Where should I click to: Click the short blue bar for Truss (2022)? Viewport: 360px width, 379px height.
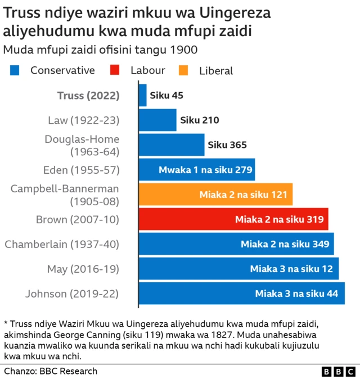tap(142, 95)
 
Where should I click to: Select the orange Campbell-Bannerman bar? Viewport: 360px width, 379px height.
tap(215, 195)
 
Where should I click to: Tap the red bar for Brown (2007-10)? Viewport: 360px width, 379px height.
tap(233, 219)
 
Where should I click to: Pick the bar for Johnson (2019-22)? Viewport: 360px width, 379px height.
tap(241, 293)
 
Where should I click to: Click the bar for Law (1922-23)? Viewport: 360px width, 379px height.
tap(157, 120)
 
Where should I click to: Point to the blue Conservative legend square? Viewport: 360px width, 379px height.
tap(15, 70)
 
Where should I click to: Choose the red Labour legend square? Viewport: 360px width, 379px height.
tap(115, 70)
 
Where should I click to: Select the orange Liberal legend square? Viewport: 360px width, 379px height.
tap(183, 70)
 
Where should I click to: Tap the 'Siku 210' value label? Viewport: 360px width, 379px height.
tap(199, 120)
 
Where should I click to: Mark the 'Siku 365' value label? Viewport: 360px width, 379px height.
tap(227, 145)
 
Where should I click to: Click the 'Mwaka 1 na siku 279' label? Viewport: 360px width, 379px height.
tap(206, 169)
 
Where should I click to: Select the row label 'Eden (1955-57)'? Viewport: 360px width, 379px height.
tap(82, 169)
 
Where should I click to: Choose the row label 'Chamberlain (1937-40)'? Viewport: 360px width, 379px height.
tap(62, 243)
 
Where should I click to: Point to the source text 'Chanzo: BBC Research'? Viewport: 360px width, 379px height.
tap(51, 371)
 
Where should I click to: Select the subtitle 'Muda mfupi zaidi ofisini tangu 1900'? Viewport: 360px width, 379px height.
tap(100, 49)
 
